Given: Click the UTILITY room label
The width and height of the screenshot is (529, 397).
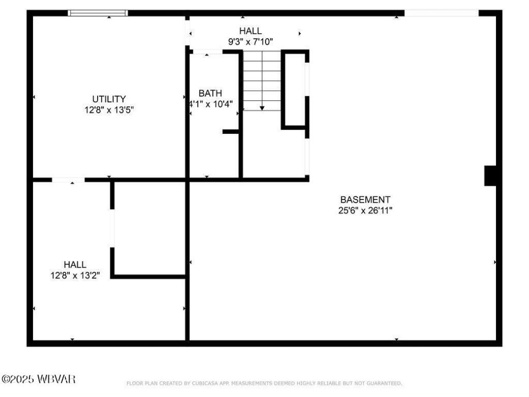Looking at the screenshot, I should coord(109,99).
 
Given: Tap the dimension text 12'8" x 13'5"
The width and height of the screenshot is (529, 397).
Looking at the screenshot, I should coord(109,109).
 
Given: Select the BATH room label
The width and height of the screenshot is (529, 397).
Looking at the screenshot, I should coord(210,93).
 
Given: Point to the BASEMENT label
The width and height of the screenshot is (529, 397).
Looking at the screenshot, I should coord(365,200).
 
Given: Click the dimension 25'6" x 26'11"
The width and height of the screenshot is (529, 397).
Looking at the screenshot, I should coord(365,210).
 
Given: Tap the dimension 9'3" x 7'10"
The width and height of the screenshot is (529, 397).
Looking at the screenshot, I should coord(251,42).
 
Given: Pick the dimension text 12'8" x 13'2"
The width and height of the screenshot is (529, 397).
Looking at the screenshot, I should coord(75,275).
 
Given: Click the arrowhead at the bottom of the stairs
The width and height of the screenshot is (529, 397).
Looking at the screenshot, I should coord(262,107).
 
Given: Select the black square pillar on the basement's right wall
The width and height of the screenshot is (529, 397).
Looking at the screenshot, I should coord(490,176).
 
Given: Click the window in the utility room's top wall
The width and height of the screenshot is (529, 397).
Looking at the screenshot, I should coord(98,13).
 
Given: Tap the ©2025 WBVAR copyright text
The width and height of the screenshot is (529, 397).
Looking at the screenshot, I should coord(39,379).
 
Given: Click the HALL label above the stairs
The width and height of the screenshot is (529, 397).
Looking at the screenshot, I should coord(250,32).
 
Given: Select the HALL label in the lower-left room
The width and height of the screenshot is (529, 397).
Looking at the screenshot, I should coord(75,265).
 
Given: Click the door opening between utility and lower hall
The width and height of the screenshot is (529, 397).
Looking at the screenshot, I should coord(68,180).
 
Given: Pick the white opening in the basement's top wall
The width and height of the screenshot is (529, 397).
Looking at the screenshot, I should coord(441,13).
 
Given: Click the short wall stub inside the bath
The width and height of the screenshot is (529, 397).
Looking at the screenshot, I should coord(231,132).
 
